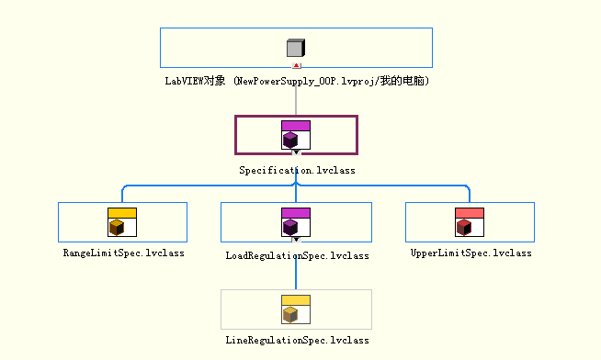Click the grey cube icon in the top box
295,49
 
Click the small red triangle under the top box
296,66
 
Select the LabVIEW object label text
297,82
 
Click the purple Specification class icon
296,135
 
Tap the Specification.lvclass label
297,170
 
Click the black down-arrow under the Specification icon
296,152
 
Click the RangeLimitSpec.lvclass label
123,252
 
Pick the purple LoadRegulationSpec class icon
296,222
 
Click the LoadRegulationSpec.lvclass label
297,255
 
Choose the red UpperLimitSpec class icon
470,222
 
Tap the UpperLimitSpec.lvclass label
471,252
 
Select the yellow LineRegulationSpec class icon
296,309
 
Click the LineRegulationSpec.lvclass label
297,340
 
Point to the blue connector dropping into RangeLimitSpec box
122,194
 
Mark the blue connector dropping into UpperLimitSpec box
470,194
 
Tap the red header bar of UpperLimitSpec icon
470,212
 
